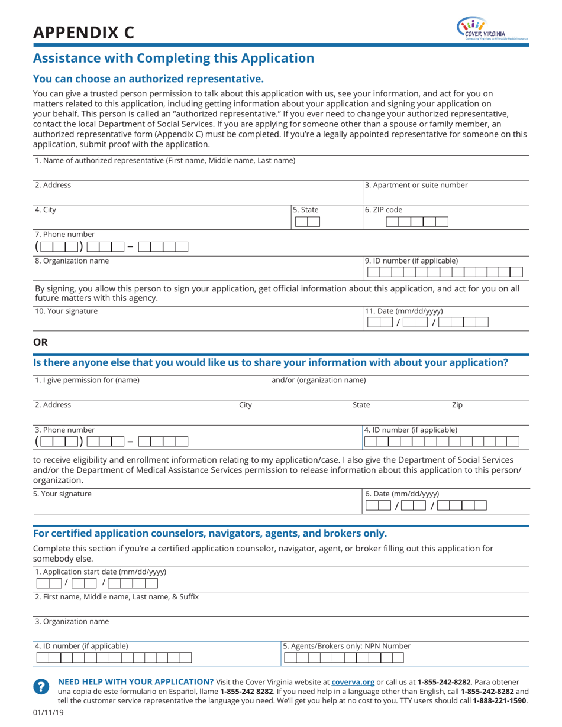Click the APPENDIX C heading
coord(83,33)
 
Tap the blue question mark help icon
coord(40,686)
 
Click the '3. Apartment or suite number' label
coord(416,185)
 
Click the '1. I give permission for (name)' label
coord(87,380)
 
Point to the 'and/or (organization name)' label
coord(318,380)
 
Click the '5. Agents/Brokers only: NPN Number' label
coord(347,646)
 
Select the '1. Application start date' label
coord(101,572)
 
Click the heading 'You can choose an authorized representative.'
coord(148,79)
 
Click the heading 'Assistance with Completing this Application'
coord(173,58)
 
